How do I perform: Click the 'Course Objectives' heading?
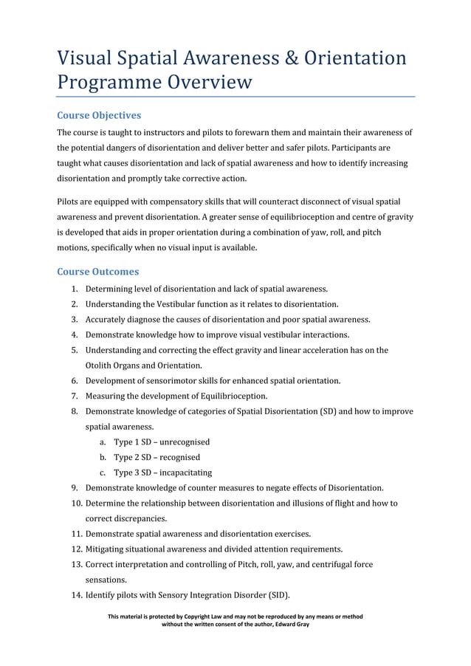[x=99, y=116]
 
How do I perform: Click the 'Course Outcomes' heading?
[x=97, y=272]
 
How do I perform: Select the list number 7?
[x=75, y=396]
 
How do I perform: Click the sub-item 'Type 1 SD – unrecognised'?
[x=162, y=442]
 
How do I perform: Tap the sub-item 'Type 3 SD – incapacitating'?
[x=162, y=473]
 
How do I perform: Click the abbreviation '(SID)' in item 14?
[x=275, y=595]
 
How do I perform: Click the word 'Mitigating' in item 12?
[x=107, y=549]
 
